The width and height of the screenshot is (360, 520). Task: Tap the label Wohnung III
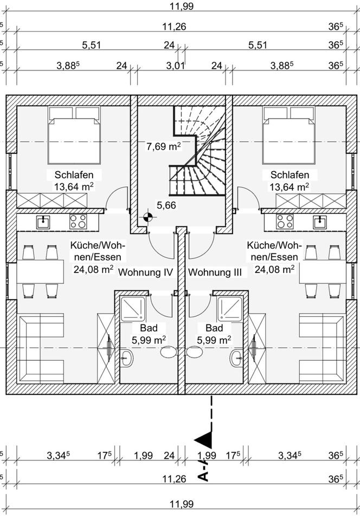(215, 272)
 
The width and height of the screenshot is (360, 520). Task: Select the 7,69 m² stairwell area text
(163, 146)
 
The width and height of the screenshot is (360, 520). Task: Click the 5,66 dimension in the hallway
(166, 205)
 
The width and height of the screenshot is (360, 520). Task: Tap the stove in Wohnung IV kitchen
(78, 221)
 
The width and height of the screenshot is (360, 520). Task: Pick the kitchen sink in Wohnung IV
(43, 221)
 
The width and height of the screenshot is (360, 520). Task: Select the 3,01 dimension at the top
(176, 66)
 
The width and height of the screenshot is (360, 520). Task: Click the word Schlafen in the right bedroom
(290, 175)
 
